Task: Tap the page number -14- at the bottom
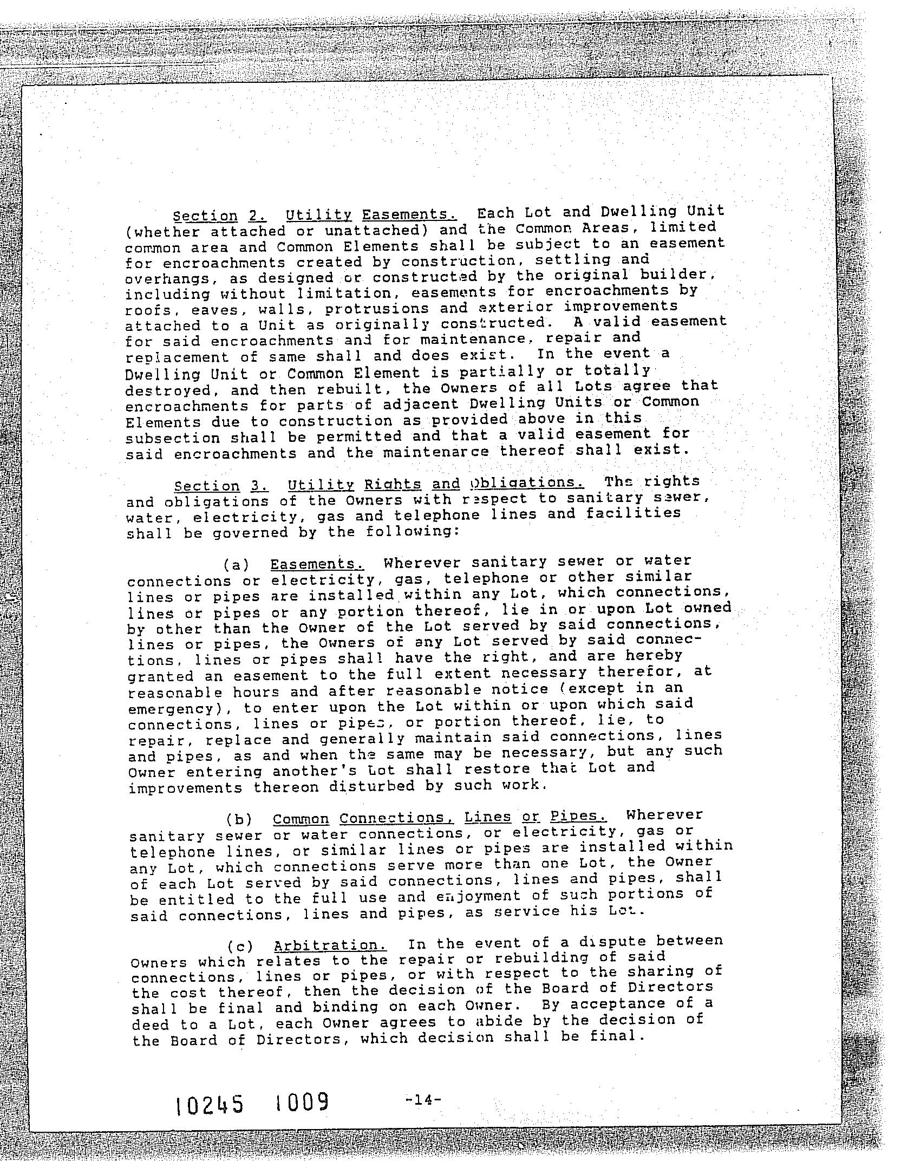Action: (x=423, y=1099)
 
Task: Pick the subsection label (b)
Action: (x=239, y=818)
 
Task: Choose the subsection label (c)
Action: (x=240, y=947)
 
